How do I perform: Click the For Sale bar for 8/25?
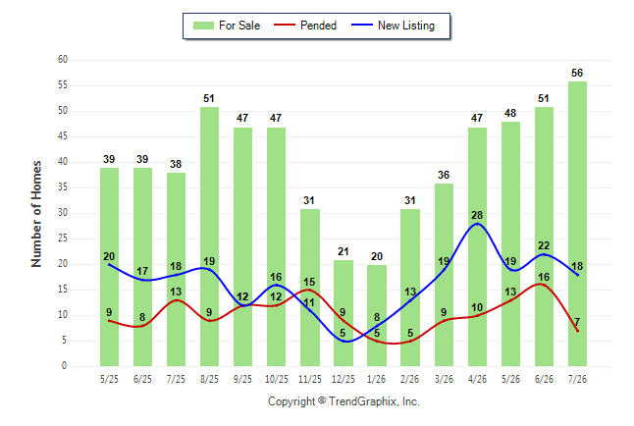[209, 237]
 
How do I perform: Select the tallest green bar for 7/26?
[577, 224]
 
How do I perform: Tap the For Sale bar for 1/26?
[377, 315]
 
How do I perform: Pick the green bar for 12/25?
[343, 313]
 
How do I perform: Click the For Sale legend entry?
[227, 26]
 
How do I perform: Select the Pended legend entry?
[305, 26]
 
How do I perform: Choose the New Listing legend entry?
[393, 26]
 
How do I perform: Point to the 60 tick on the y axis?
[62, 60]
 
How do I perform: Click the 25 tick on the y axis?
[62, 239]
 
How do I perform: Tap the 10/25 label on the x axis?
[277, 379]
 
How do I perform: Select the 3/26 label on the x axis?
[444, 379]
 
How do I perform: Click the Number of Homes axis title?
[36, 214]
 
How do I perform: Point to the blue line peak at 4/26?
[478, 224]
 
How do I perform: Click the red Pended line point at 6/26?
[544, 285]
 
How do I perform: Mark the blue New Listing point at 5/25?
[109, 264]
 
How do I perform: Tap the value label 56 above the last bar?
[577, 73]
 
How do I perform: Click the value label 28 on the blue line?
[477, 215]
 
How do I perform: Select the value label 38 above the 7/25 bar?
[176, 164]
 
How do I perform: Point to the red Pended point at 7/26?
[577, 331]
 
